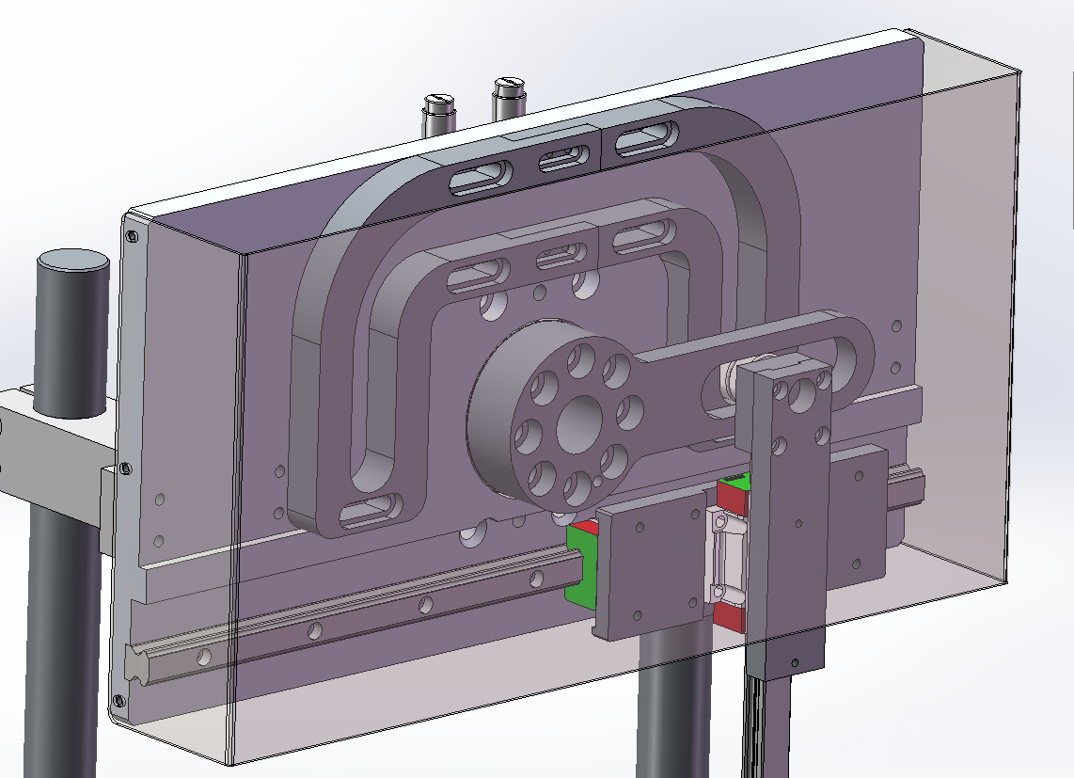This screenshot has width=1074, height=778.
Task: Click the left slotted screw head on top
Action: (x=438, y=100)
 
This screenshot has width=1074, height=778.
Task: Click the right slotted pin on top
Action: (x=509, y=87)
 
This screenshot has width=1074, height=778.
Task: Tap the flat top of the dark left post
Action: (x=73, y=263)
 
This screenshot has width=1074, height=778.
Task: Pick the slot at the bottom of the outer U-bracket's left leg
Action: (x=369, y=513)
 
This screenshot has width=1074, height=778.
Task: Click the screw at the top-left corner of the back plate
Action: (x=131, y=235)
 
